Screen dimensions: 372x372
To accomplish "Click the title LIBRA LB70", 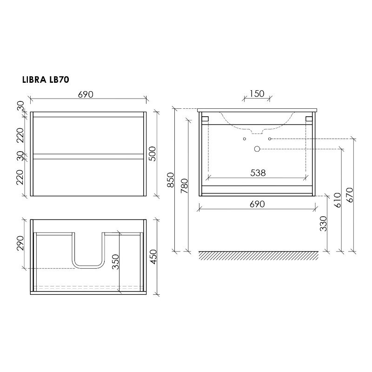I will tap(46, 80).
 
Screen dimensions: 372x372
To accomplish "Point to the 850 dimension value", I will tap(170, 180).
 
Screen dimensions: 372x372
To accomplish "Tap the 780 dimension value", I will tap(184, 185).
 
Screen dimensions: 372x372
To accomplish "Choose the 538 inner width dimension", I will tap(258, 173).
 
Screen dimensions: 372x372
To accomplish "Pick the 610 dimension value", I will tap(338, 199).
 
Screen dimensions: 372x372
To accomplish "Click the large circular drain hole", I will tap(256, 149).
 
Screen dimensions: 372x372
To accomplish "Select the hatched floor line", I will tap(259, 255).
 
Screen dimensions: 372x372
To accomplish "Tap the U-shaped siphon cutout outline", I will tap(89, 267).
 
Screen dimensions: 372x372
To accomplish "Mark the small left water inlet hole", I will tap(244, 139).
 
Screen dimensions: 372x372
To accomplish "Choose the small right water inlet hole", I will tap(269, 139).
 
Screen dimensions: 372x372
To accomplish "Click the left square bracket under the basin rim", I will tap(205, 119).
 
